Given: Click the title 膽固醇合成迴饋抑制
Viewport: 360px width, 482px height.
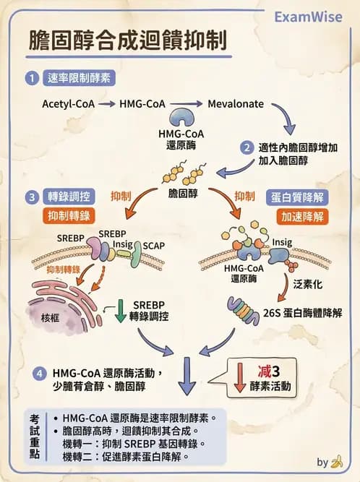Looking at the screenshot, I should click(124, 40).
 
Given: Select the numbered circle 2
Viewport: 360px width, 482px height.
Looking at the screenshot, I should click(247, 148).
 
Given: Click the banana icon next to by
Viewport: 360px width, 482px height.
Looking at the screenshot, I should click(336, 462).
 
